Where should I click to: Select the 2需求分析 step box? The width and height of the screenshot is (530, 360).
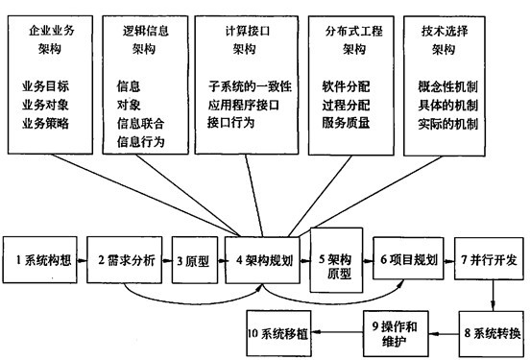(124, 260)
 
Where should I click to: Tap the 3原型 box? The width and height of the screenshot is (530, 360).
(193, 260)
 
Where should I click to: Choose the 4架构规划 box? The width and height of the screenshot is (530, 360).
(264, 260)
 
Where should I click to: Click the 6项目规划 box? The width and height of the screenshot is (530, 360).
(407, 260)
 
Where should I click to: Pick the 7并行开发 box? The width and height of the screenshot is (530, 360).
(487, 260)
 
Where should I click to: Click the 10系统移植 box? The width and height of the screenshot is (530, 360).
(284, 333)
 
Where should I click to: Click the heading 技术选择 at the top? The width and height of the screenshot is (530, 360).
(455, 29)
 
